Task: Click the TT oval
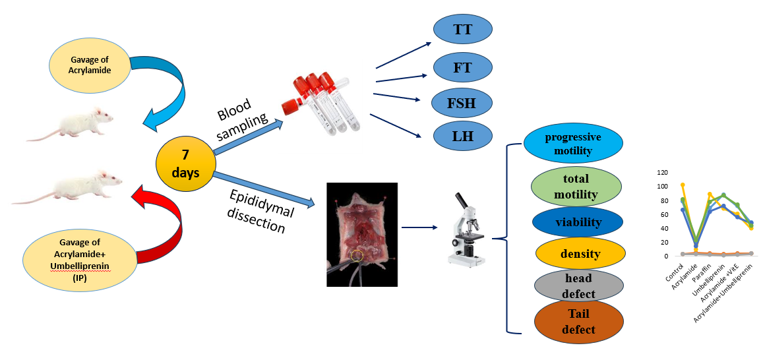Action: (464, 30)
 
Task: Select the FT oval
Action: (464, 67)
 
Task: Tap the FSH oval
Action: (462, 102)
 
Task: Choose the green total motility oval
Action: (576, 187)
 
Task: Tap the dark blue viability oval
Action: (578, 222)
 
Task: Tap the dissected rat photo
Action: (361, 234)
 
